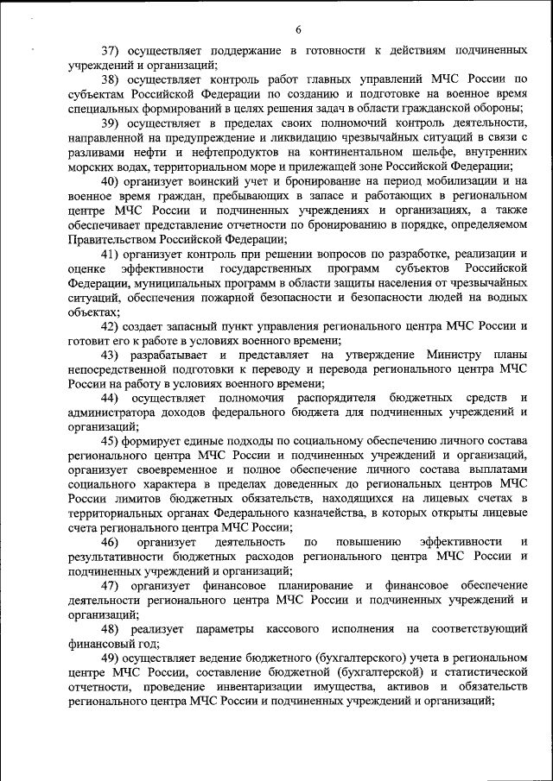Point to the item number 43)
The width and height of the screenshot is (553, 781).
click(112, 355)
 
